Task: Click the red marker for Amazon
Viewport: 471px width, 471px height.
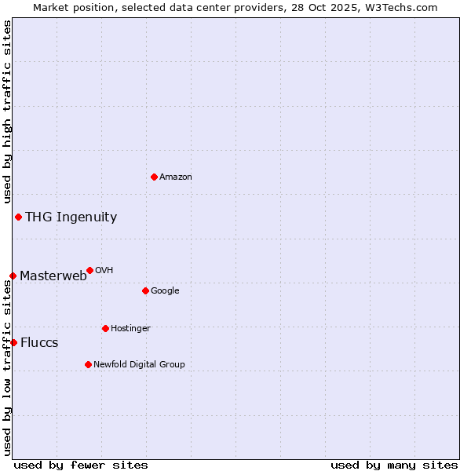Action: (154, 177)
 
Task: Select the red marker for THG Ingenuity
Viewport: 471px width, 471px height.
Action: (18, 217)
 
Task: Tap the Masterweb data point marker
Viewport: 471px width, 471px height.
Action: (13, 276)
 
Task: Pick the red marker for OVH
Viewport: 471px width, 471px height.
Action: (89, 270)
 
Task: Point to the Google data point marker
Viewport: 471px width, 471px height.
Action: (145, 290)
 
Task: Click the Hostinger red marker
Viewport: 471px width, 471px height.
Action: (105, 328)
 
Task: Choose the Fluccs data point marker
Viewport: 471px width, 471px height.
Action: (13, 342)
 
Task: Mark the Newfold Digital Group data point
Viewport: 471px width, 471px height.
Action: (88, 364)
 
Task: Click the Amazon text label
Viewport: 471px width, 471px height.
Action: (176, 177)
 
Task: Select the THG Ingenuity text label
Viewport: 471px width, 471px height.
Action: (71, 217)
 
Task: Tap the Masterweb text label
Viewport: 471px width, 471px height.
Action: (53, 276)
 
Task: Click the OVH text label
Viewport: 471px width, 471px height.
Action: (104, 271)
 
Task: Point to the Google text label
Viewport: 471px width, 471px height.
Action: (165, 291)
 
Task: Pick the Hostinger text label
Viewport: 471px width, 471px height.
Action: (130, 328)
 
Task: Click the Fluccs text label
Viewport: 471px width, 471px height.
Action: (39, 343)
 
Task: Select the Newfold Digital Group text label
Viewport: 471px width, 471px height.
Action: (139, 364)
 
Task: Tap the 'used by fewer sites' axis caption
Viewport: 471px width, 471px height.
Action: (81, 465)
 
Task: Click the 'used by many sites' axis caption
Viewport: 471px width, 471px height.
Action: (394, 465)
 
